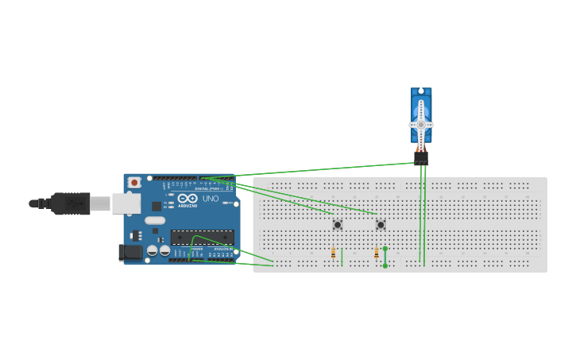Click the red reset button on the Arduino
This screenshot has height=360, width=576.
(x=134, y=183)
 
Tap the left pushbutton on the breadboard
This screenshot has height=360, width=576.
(x=338, y=225)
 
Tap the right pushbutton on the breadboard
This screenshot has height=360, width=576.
(x=381, y=225)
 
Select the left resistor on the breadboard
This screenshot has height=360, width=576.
(x=334, y=254)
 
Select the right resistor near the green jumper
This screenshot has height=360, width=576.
(x=376, y=254)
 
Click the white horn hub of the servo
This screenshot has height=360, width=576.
(x=421, y=125)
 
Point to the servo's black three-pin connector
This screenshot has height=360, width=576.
(x=421, y=158)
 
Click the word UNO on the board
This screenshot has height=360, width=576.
(x=211, y=199)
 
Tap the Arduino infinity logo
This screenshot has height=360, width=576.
(x=187, y=199)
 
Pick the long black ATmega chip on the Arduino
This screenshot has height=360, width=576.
(x=203, y=237)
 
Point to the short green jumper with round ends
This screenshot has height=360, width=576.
(x=385, y=257)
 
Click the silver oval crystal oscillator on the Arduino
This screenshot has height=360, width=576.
(x=155, y=220)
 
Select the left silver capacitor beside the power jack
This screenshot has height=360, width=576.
(x=152, y=251)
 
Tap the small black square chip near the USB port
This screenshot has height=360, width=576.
(x=157, y=206)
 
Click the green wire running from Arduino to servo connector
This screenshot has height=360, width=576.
(x=318, y=170)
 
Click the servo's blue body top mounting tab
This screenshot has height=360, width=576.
(x=421, y=92)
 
